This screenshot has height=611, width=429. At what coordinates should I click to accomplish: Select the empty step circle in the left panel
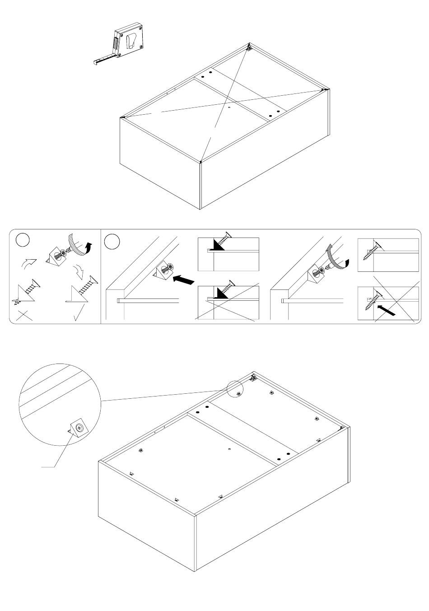(x=23, y=240)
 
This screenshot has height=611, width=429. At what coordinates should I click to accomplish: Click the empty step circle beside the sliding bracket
(x=112, y=241)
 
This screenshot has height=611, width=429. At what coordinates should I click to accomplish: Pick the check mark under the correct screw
(x=78, y=314)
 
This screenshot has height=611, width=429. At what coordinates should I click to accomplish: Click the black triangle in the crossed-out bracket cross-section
(x=221, y=294)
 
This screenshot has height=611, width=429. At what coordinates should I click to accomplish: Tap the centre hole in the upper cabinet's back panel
(x=229, y=107)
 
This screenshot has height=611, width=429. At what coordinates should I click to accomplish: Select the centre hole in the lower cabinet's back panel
(x=229, y=449)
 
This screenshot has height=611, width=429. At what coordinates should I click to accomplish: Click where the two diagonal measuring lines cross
(x=225, y=102)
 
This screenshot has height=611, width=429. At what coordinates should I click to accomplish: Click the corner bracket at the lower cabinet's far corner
(x=253, y=377)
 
